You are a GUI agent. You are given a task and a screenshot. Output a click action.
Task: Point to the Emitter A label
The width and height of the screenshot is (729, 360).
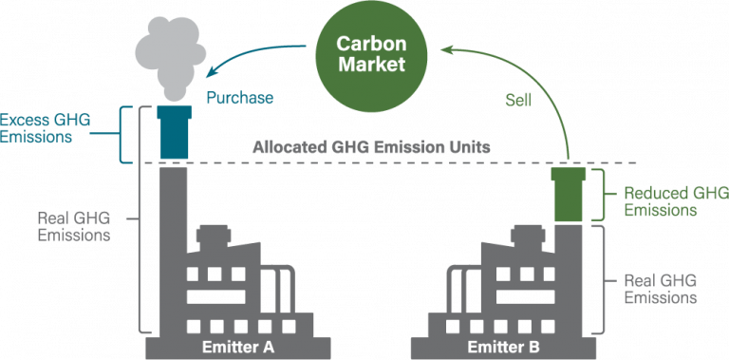(x=238, y=347)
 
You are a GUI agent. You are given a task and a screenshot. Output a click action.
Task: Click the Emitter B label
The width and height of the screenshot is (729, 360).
(x=503, y=347)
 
